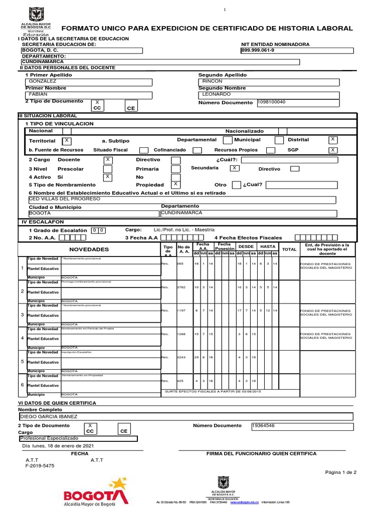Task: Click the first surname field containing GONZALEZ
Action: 43,81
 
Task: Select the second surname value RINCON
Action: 213,81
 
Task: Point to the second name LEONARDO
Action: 217,94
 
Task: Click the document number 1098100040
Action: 272,102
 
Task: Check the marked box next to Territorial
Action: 67,141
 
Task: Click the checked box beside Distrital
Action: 333,139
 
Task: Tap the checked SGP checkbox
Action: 333,150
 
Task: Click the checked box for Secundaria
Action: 234,168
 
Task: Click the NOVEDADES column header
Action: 89,249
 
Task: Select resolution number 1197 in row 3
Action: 181,311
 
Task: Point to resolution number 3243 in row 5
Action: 181,357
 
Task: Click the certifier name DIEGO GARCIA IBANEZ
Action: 48,416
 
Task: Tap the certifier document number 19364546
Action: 264,426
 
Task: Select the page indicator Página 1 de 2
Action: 341,472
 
